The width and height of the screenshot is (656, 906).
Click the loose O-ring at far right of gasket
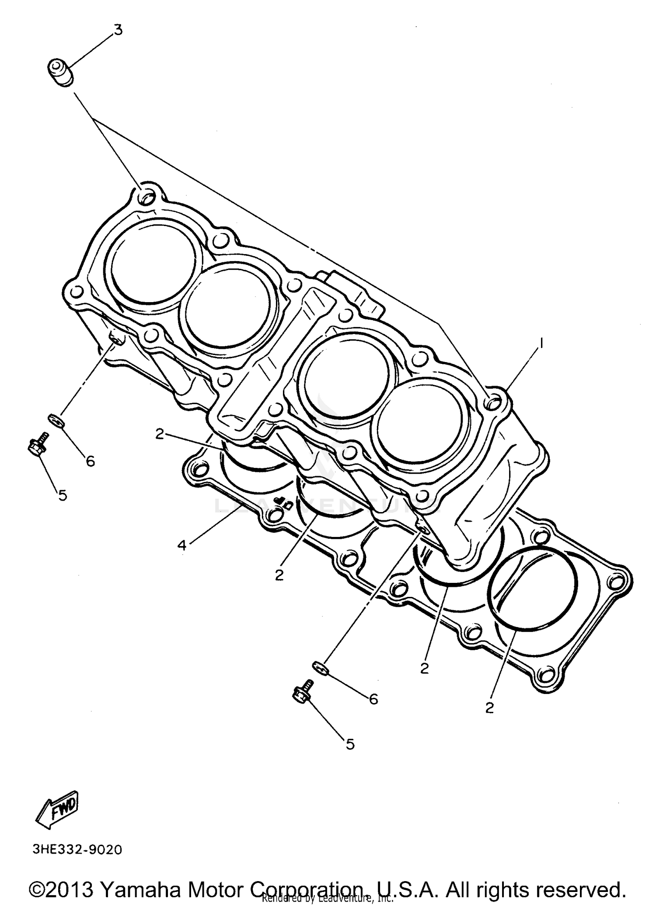pos(533,588)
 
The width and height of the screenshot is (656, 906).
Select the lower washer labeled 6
pos(320,668)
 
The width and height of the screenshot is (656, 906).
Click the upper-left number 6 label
pos(90,461)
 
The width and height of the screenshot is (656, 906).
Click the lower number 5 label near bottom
pos(350,744)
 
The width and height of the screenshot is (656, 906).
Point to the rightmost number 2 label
pos(489,707)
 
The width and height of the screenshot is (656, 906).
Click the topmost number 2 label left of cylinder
pos(160,434)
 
